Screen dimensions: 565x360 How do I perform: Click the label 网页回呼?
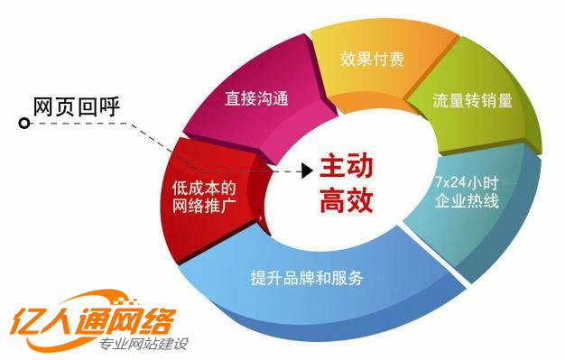[76, 106]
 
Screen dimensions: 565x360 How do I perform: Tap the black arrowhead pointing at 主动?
[306, 169]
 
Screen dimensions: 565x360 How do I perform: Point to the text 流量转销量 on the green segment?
[473, 100]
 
